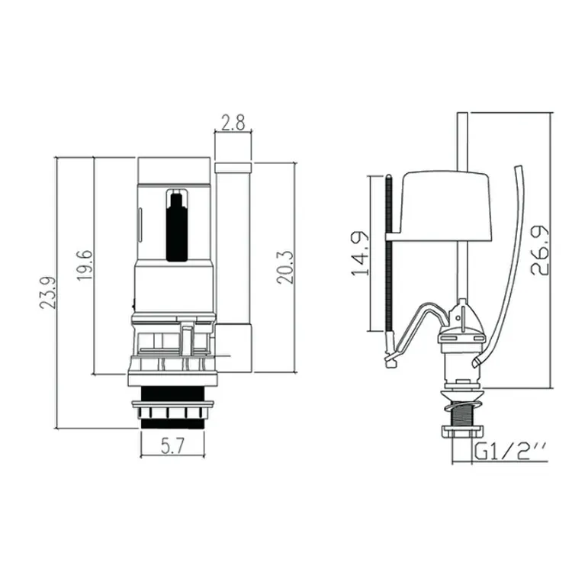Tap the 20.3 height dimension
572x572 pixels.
[284, 266]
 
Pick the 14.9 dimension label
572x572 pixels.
[364, 253]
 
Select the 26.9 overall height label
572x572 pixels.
[538, 250]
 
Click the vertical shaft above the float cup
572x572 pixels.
[460, 141]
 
